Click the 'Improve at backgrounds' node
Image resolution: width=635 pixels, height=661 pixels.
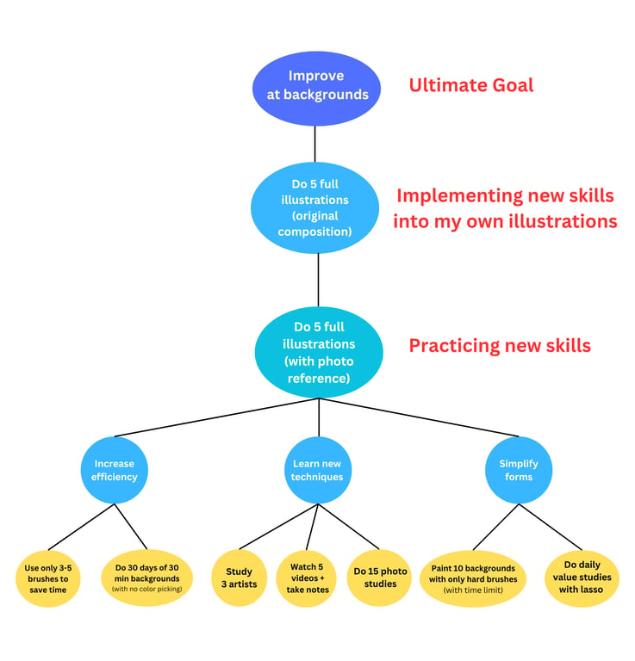(x=316, y=89)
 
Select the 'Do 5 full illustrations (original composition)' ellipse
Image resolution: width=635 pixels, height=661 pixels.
(x=314, y=207)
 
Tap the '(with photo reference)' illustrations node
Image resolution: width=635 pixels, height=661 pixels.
(x=319, y=352)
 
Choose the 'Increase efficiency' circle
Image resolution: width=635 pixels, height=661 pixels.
(x=115, y=470)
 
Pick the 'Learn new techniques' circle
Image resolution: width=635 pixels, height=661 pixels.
(x=318, y=470)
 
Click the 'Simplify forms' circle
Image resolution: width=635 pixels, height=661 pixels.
(x=519, y=470)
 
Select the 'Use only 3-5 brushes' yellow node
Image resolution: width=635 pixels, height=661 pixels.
(x=48, y=578)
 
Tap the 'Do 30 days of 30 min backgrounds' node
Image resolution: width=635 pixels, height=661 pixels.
(x=146, y=578)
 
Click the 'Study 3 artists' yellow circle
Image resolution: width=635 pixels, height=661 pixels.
(x=240, y=578)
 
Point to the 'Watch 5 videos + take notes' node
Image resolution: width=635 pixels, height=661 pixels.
(x=308, y=578)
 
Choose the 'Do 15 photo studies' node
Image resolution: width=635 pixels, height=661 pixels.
(x=379, y=578)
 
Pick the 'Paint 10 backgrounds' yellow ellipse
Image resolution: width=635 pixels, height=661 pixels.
(x=473, y=578)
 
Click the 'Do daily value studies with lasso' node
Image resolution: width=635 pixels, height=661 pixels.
(x=582, y=578)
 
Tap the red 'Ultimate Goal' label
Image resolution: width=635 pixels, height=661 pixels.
(x=471, y=85)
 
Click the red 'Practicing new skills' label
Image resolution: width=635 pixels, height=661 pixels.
(x=500, y=346)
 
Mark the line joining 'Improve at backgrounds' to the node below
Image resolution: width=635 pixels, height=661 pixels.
(x=314, y=145)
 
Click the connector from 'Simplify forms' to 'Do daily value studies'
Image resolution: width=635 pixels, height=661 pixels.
(x=551, y=527)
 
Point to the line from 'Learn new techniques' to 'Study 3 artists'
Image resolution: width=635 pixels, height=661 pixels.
(x=278, y=527)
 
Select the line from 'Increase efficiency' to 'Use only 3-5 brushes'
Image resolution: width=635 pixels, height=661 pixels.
(x=81, y=527)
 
